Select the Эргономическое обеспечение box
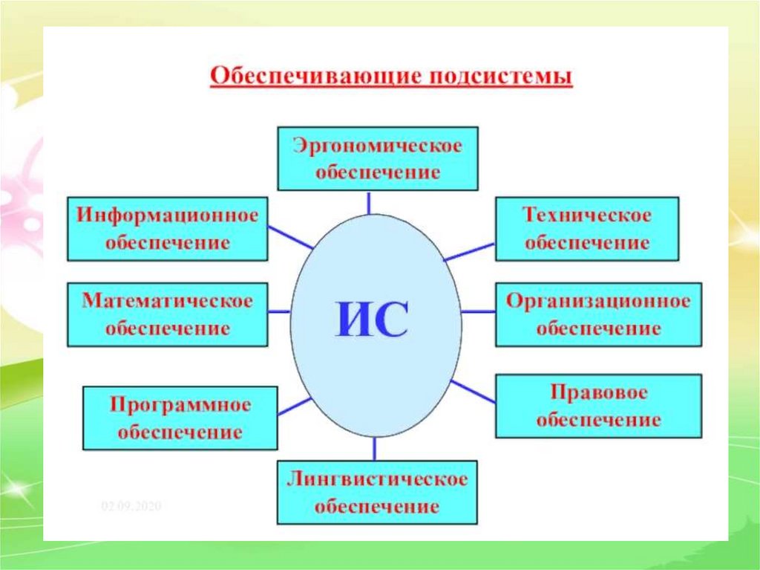point(378,158)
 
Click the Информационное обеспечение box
point(167,229)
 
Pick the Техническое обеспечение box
point(586,228)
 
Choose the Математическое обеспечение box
point(167,314)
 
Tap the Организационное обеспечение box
point(598,314)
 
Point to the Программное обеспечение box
point(180,418)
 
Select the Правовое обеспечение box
point(598,406)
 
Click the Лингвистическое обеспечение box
point(377,492)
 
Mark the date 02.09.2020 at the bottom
point(131,506)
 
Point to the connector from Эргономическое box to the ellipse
point(369,203)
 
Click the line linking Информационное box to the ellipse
point(290,237)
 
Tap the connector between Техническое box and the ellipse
point(469,250)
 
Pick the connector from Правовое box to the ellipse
point(473,391)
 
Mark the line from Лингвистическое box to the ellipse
point(374,448)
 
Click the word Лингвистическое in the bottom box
point(377,480)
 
